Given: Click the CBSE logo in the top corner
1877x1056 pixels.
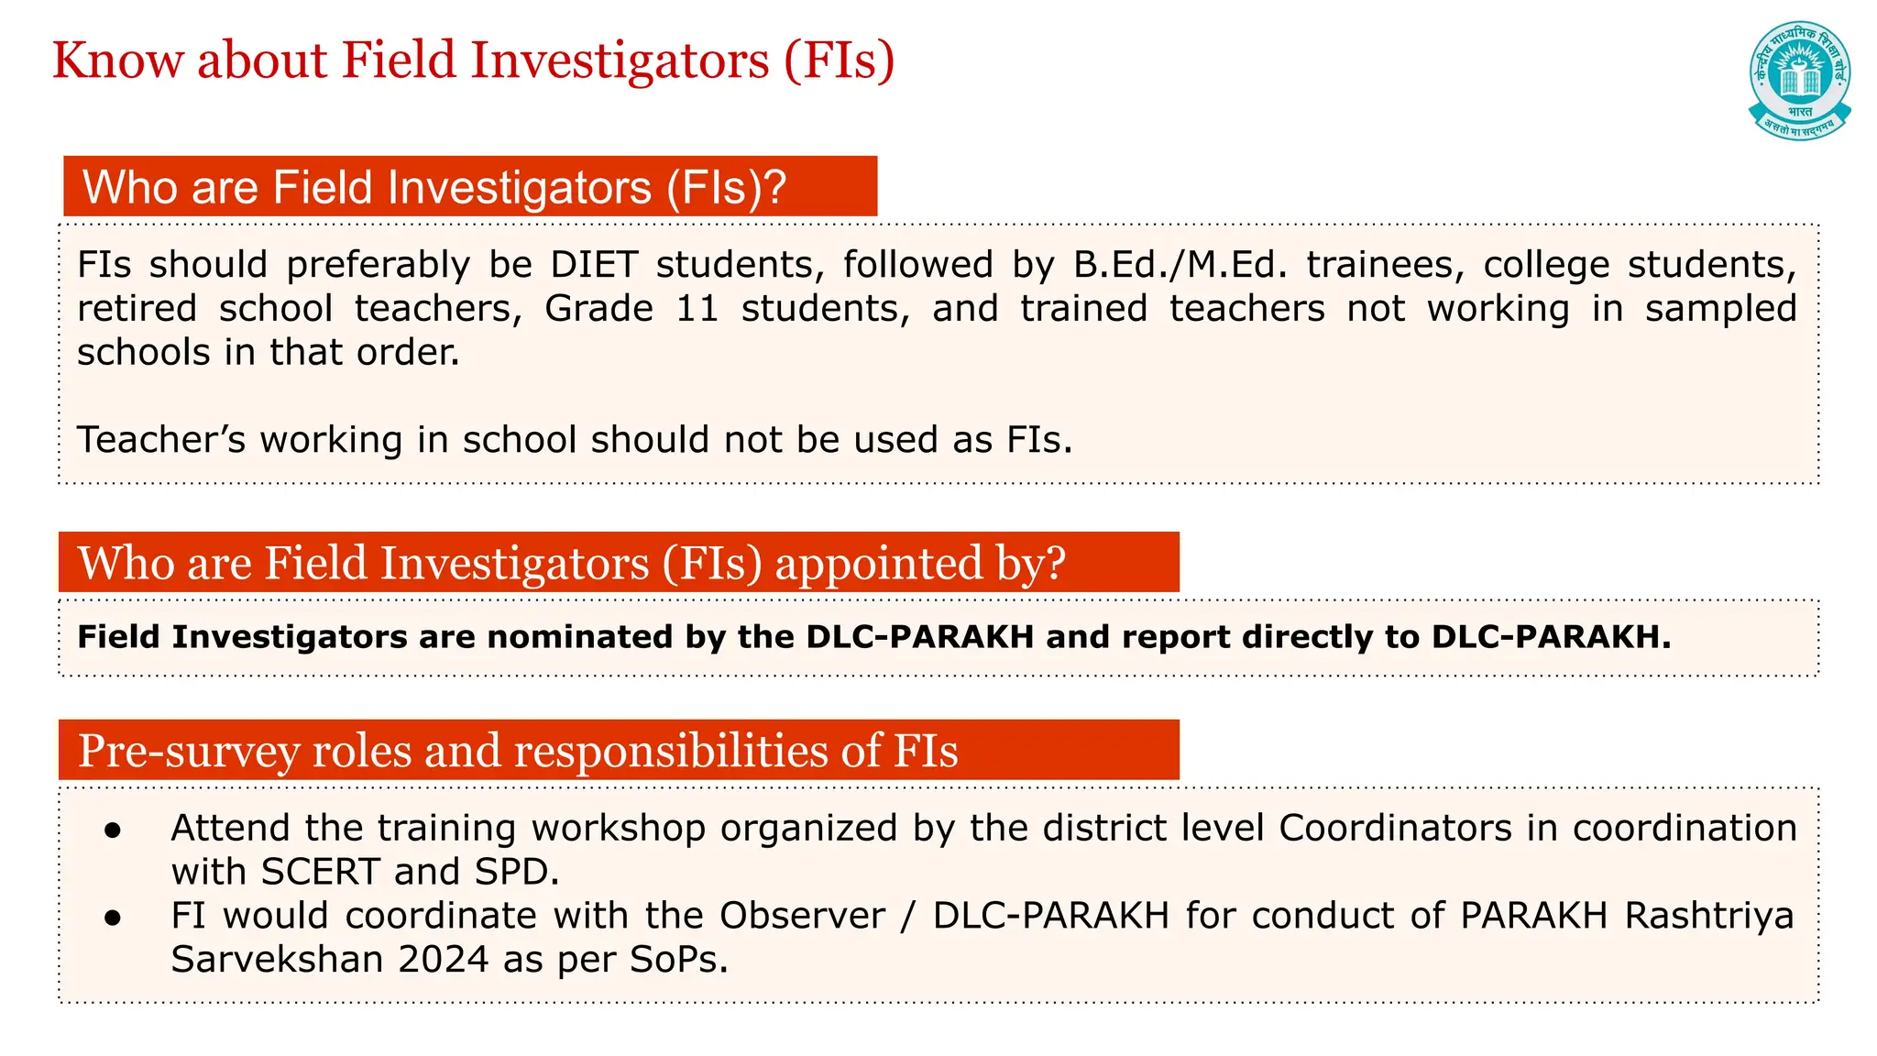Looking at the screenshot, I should (x=1799, y=80).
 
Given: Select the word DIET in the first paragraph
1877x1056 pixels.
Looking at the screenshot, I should (x=594, y=265).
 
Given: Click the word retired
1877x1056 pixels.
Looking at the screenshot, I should (x=137, y=309).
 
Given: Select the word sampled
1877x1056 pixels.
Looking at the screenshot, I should (x=1720, y=309).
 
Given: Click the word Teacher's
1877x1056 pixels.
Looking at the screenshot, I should (x=161, y=440).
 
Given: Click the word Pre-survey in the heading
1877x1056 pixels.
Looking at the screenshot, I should (x=188, y=751).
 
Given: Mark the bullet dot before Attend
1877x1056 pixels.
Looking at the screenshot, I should (x=113, y=830).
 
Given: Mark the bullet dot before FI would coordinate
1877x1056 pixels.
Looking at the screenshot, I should (x=113, y=918).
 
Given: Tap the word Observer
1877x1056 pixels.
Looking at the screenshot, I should (x=802, y=916).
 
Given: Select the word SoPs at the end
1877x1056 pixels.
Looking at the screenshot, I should (x=678, y=960).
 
